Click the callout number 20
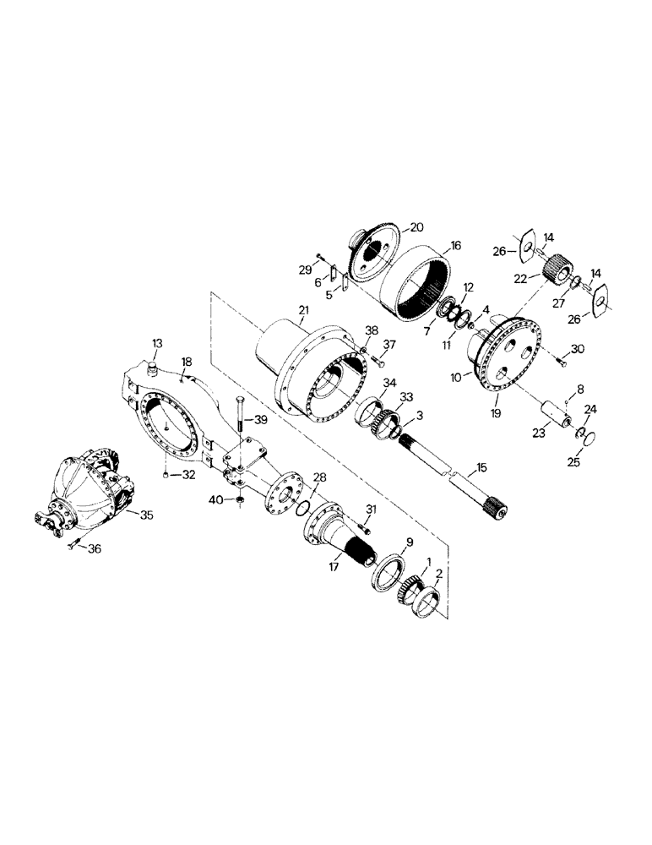pos(416,226)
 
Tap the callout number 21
pos(303,312)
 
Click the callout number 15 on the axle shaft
pos(482,467)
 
